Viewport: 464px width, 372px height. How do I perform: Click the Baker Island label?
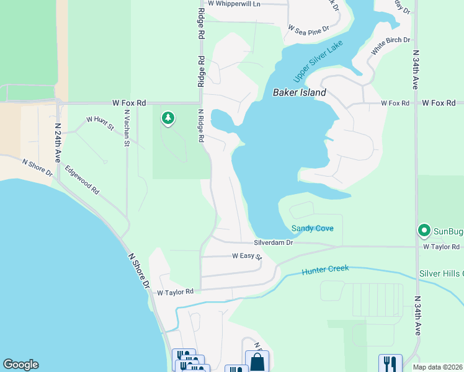pyautogui.click(x=300, y=93)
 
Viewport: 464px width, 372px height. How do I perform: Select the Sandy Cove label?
pyautogui.click(x=313, y=228)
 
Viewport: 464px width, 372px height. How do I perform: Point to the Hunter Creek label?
pyautogui.click(x=325, y=270)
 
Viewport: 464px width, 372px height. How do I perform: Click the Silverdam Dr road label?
pyautogui.click(x=273, y=242)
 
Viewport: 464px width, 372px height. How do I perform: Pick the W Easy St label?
pyautogui.click(x=247, y=255)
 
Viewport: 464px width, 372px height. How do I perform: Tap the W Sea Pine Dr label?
pyautogui.click(x=313, y=28)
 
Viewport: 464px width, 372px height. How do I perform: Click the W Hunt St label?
pyautogui.click(x=100, y=123)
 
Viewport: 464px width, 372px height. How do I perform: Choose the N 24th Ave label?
pyautogui.click(x=58, y=142)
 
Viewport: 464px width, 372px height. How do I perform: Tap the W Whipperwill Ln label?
pyautogui.click(x=234, y=4)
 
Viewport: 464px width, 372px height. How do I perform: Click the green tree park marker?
pyautogui.click(x=167, y=118)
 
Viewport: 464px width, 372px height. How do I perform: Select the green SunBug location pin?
pyautogui.click(x=424, y=231)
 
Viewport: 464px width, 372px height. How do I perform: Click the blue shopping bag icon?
pyautogui.click(x=257, y=361)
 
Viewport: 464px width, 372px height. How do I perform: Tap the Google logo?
pyautogui.click(x=20, y=365)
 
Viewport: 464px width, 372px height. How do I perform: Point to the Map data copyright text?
pyautogui.click(x=437, y=367)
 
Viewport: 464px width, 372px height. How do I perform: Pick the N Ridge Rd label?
pyautogui.click(x=201, y=126)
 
